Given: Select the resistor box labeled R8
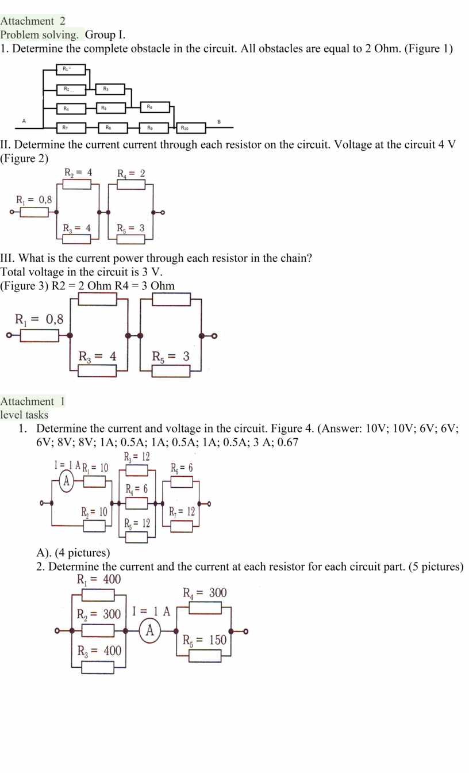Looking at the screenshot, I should tap(109, 128).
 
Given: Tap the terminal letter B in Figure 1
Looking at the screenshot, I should tap(218, 121).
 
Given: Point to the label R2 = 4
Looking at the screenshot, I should tap(78, 173).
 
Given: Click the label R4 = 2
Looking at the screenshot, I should tap(131, 173).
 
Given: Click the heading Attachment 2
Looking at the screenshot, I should tap(33, 21).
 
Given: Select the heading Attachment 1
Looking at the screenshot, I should tap(33, 401).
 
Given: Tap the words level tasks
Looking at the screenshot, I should tap(24, 415).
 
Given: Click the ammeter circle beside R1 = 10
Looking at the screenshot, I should tap(67, 481).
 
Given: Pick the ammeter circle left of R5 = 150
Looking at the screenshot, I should tap(150, 631).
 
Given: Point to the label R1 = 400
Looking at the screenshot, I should tap(99, 579).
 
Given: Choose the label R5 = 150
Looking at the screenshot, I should tap(205, 640).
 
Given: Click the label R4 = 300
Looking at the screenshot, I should tap(205, 593).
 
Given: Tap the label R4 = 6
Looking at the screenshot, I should tap(137, 489).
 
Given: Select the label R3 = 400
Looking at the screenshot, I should tap(99, 650).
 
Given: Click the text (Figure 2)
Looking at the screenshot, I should tap(25, 158).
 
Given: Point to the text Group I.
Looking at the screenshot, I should tap(105, 35).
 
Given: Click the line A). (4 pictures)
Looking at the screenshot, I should tap(73, 553).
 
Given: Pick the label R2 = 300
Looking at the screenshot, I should tap(99, 614).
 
